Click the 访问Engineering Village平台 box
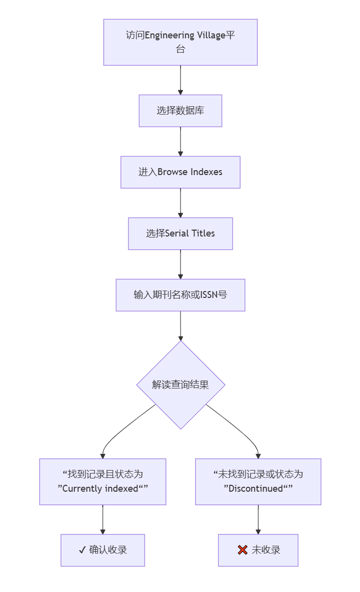[180, 42]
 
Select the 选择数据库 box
[180, 111]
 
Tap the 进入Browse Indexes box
[180, 172]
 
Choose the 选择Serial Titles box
[180, 234]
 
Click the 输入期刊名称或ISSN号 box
[180, 295]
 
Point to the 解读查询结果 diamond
[180, 385]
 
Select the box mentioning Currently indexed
[103, 481]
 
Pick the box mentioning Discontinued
[258, 481]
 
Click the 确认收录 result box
[103, 550]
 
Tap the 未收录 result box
[258, 550]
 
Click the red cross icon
[242, 550]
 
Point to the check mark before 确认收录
[82, 550]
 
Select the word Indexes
[207, 172]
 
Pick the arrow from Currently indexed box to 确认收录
[103, 519]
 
